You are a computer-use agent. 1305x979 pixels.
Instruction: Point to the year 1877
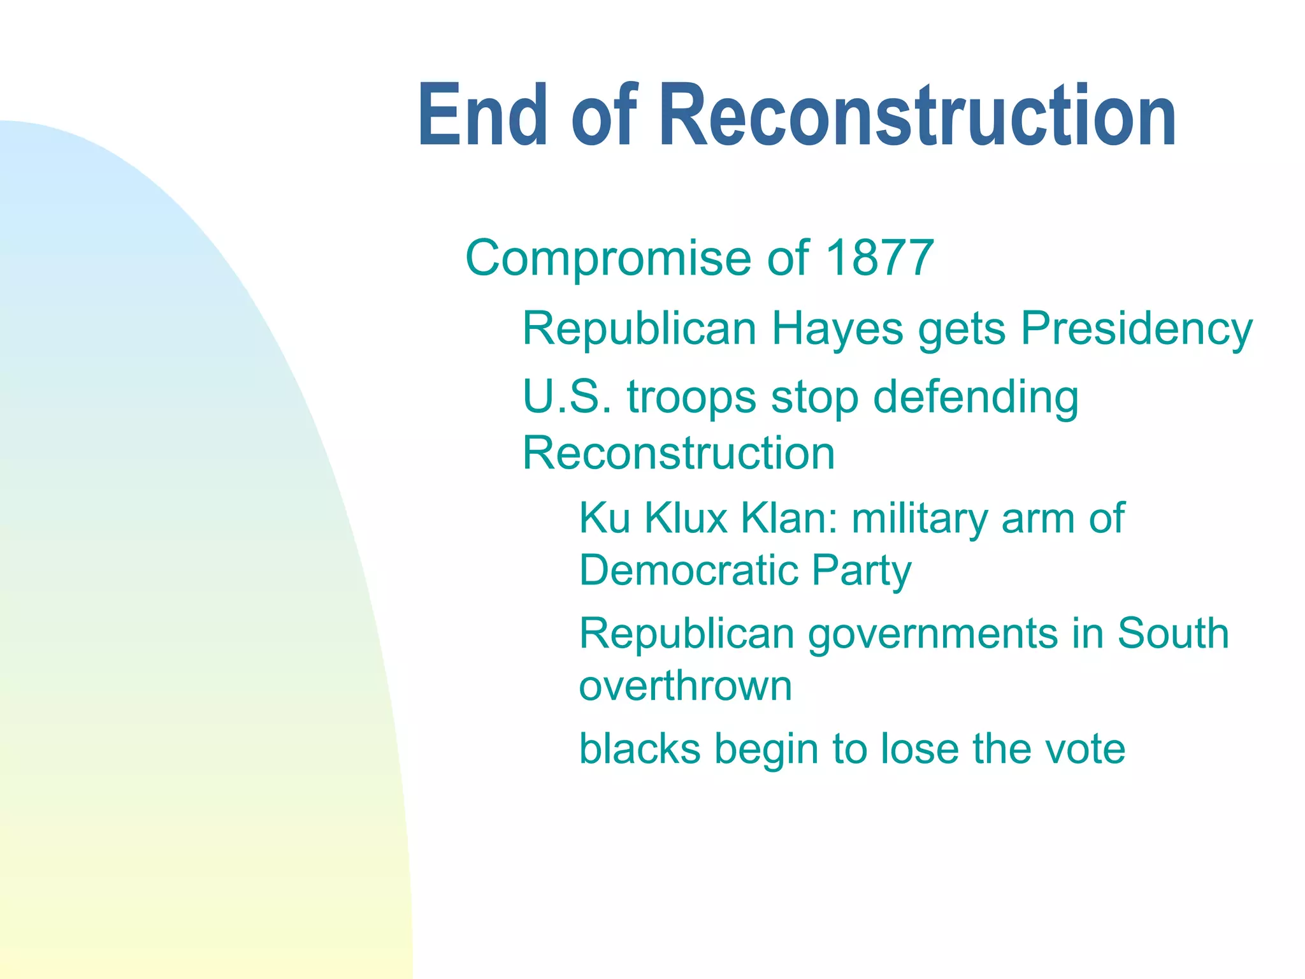point(879,258)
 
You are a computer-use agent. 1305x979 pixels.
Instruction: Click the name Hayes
point(837,330)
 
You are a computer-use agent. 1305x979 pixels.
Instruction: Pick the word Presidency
point(1137,330)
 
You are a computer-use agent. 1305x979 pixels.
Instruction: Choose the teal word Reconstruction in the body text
point(678,453)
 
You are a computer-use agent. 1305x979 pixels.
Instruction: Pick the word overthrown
point(685,686)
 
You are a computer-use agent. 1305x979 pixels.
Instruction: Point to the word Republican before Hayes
point(639,330)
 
